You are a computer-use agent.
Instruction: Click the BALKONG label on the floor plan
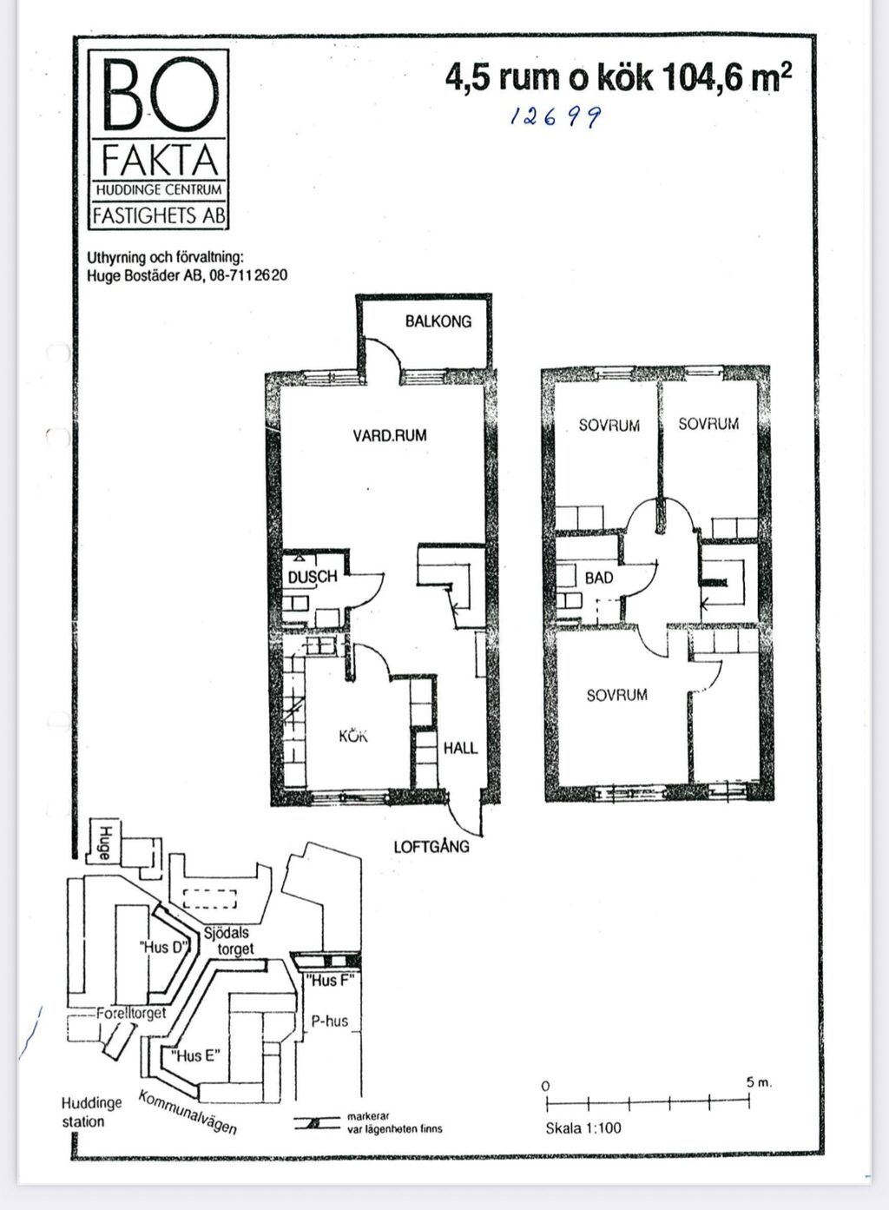click(438, 321)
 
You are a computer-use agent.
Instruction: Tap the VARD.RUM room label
click(390, 435)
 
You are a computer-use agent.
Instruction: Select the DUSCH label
click(313, 577)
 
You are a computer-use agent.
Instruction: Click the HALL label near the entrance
click(460, 748)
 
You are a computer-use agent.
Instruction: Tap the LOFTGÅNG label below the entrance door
click(431, 846)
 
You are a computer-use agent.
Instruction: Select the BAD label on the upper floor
click(599, 578)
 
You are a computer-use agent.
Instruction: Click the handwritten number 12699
click(556, 116)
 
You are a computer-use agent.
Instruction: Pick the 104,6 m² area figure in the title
click(727, 77)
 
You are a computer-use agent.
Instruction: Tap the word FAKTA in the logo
click(161, 161)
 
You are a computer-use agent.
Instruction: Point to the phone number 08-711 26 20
click(248, 275)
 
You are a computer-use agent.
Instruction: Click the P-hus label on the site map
click(330, 1021)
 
